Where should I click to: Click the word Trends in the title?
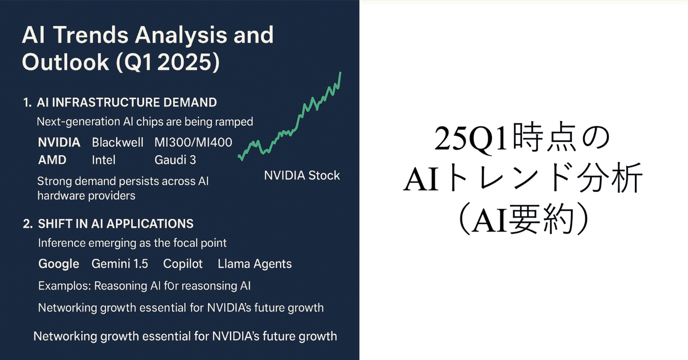pyautogui.click(x=91, y=35)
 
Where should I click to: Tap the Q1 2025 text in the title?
pyautogui.click(x=168, y=62)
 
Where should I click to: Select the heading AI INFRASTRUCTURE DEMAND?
pyautogui.click(x=126, y=102)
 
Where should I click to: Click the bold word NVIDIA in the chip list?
pyautogui.click(x=59, y=142)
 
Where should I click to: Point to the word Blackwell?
pyautogui.click(x=118, y=142)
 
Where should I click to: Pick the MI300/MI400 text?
pyautogui.click(x=193, y=142)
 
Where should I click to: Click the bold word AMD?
pyautogui.click(x=52, y=160)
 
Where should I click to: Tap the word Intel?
pyautogui.click(x=104, y=160)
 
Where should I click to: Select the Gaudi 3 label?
pyautogui.click(x=175, y=160)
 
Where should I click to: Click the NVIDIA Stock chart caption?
pyautogui.click(x=302, y=175)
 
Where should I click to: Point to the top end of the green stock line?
pyautogui.click(x=340, y=73)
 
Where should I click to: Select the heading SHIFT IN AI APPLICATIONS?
pyautogui.click(x=116, y=224)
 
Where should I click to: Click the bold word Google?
pyautogui.click(x=59, y=264)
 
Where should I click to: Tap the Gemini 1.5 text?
pyautogui.click(x=120, y=264)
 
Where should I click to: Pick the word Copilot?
pyautogui.click(x=183, y=264)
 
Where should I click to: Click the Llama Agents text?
pyautogui.click(x=255, y=264)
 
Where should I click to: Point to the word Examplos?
pyautogui.click(x=64, y=286)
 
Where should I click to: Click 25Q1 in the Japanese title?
pyautogui.click(x=470, y=139)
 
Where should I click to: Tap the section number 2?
pyautogui.click(x=27, y=224)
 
